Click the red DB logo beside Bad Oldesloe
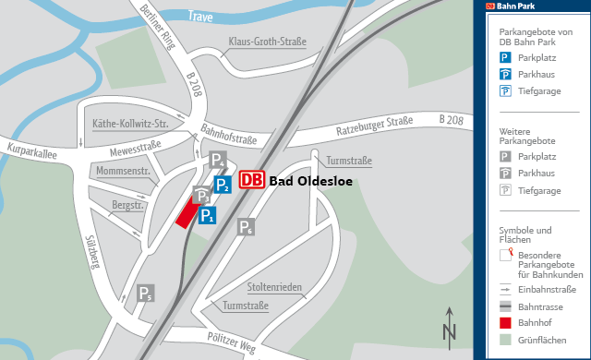(252, 180)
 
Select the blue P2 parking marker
(222, 185)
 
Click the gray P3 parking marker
(201, 196)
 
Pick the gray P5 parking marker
(145, 294)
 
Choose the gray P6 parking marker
(246, 227)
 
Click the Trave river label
(200, 17)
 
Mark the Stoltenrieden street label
(274, 286)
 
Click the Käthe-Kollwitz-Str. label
(129, 124)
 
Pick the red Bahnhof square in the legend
(505, 323)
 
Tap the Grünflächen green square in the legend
(505, 341)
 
